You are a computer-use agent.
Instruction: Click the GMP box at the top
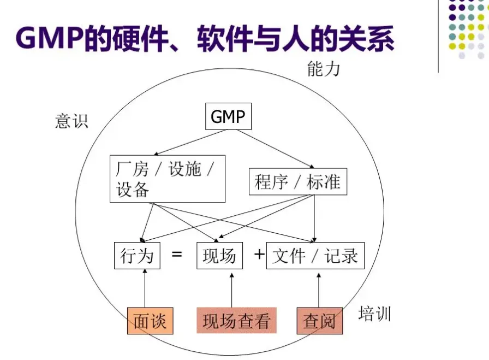[228, 117]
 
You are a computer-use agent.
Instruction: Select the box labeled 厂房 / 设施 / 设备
[167, 179]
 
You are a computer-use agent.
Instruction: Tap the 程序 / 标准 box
[297, 182]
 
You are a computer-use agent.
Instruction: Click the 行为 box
[137, 256]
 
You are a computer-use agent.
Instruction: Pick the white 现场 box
[219, 256]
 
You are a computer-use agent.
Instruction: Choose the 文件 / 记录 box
[314, 256]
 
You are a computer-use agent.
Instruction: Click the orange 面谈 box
[150, 321]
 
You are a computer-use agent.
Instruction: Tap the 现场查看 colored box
[236, 321]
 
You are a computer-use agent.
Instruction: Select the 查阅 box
[319, 321]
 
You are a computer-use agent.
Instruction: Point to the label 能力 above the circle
[323, 69]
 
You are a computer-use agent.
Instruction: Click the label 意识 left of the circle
[71, 121]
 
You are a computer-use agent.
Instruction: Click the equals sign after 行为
[177, 255]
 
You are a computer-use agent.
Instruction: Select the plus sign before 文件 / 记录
[259, 254]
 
